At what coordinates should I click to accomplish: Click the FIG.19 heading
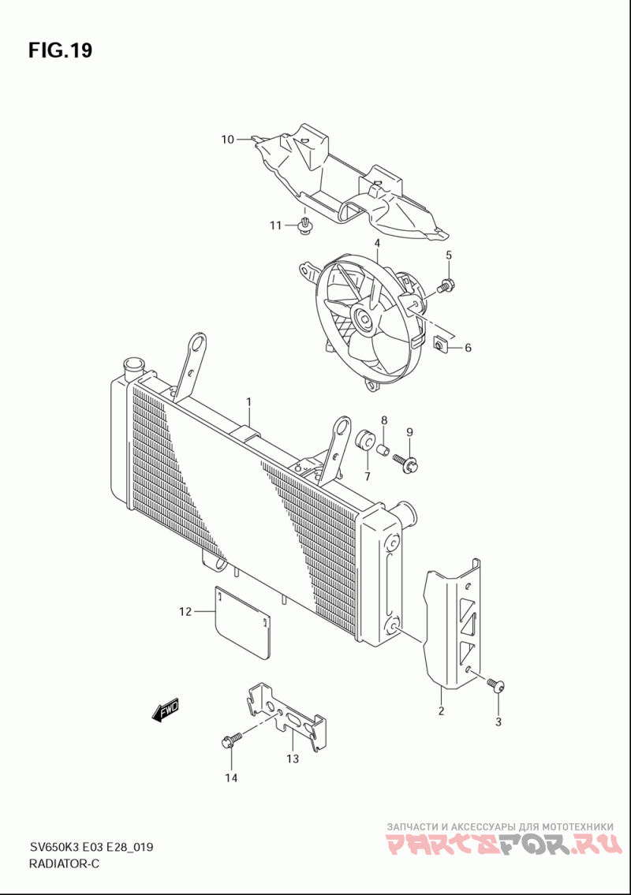pyautogui.click(x=60, y=51)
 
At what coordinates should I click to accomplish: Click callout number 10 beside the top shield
pyautogui.click(x=227, y=140)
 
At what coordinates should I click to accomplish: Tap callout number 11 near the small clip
pyautogui.click(x=275, y=226)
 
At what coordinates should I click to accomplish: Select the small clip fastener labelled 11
pyautogui.click(x=304, y=228)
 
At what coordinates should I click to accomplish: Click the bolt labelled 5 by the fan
pyautogui.click(x=446, y=285)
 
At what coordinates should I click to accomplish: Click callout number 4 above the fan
pyautogui.click(x=377, y=243)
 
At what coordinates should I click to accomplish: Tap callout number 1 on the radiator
pyautogui.click(x=248, y=402)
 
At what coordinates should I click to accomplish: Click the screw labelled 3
pyautogui.click(x=495, y=685)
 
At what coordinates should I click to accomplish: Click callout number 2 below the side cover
pyautogui.click(x=441, y=711)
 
